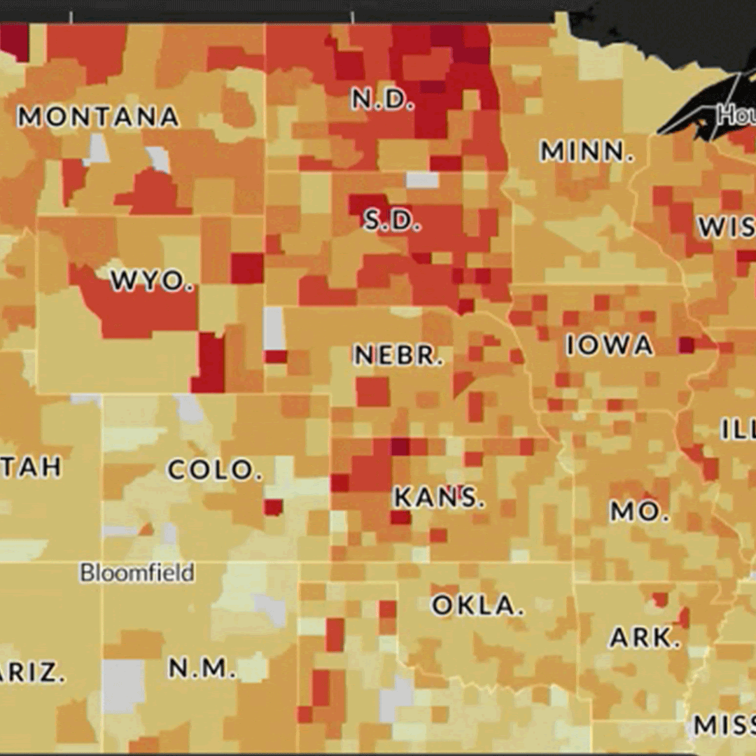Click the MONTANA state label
[x=98, y=117]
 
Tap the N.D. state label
[x=382, y=100]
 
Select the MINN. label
[x=587, y=151]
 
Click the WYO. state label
[x=152, y=281]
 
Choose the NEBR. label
[x=398, y=356]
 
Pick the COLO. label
[x=214, y=470]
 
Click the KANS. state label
[x=439, y=498]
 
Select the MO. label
[x=635, y=512]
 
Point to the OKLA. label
[x=477, y=605]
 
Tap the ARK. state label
[x=645, y=638]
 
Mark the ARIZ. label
[x=31, y=673]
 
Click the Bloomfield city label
[x=136, y=573]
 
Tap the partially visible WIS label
[x=726, y=227]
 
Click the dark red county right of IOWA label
[x=686, y=344]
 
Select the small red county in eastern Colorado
[x=273, y=507]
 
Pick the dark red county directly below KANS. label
[x=400, y=517]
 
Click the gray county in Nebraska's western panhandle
[x=274, y=328]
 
